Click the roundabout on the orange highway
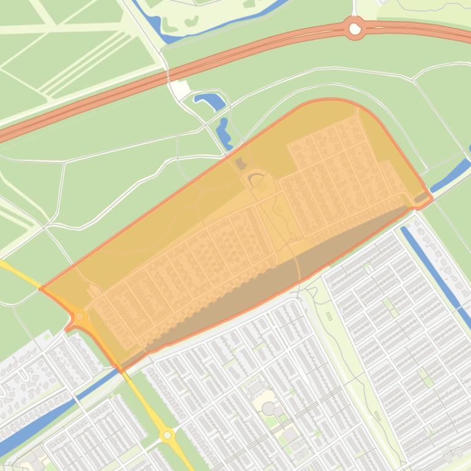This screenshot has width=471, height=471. (355, 28)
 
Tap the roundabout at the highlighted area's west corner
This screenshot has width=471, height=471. (79, 316)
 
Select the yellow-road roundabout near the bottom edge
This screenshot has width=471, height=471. (167, 435)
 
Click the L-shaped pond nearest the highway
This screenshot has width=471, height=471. (210, 101)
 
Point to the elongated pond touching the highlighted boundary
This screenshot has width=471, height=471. (223, 133)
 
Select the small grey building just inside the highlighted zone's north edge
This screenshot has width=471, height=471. (240, 163)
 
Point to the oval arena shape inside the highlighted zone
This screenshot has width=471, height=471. (257, 180)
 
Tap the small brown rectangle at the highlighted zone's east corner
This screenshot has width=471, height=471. (421, 198)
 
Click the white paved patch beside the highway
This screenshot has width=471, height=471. (179, 89)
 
